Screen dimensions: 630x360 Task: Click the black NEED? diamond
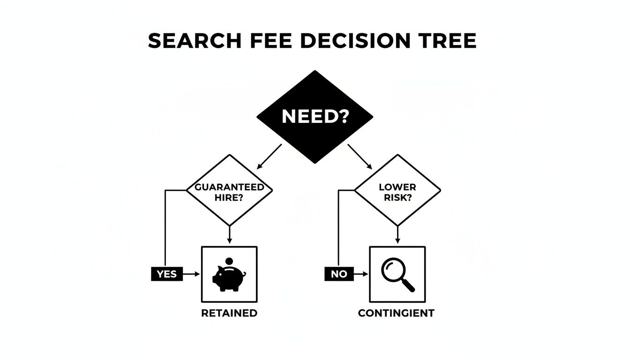(x=315, y=117)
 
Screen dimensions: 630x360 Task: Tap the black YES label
(x=166, y=274)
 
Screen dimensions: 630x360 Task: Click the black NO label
(x=338, y=274)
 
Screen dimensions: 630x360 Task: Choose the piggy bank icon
(x=228, y=278)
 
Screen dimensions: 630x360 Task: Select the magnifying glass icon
(x=397, y=275)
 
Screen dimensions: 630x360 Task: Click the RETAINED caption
(x=229, y=313)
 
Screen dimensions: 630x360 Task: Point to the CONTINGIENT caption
(x=396, y=313)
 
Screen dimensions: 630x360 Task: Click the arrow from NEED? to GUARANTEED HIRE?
(x=270, y=157)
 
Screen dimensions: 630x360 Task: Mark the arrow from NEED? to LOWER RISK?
(x=360, y=157)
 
